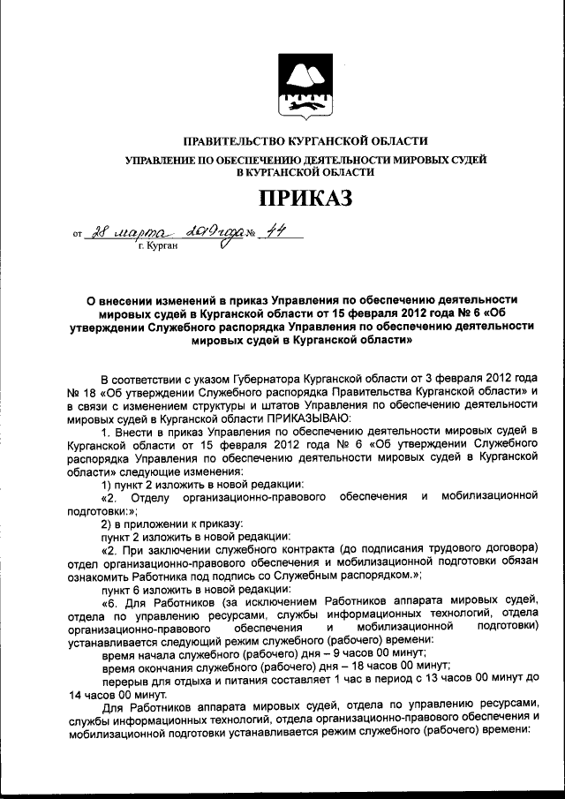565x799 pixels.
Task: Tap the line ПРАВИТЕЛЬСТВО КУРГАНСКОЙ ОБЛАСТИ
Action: (305, 141)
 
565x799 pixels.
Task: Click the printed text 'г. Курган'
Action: (158, 246)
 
